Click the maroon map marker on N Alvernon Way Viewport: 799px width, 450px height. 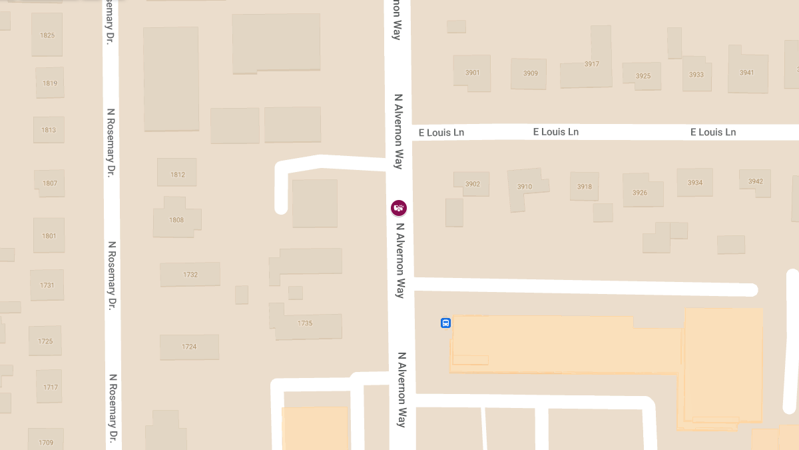click(x=399, y=208)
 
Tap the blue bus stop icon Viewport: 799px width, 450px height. click(x=445, y=323)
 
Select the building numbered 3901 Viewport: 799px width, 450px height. click(x=473, y=72)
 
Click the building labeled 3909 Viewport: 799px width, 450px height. click(x=530, y=73)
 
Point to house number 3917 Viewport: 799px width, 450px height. click(x=591, y=65)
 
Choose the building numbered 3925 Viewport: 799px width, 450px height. click(x=643, y=75)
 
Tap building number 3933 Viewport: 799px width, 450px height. click(x=696, y=75)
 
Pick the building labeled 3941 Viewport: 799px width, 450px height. click(x=746, y=72)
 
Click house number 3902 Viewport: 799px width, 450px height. click(x=472, y=184)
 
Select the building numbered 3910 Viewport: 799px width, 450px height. click(x=525, y=187)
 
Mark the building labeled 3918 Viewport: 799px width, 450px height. click(x=584, y=187)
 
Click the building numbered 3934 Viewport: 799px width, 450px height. click(x=694, y=183)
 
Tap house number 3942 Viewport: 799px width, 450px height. click(x=755, y=181)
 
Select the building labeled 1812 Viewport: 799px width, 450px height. click(x=177, y=175)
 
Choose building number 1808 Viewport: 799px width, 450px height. click(x=176, y=220)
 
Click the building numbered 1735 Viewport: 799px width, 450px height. click(x=305, y=323)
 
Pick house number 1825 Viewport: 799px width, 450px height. click(x=47, y=35)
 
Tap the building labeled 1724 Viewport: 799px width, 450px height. click(x=189, y=347)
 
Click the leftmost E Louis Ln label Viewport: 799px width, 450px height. click(x=441, y=133)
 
